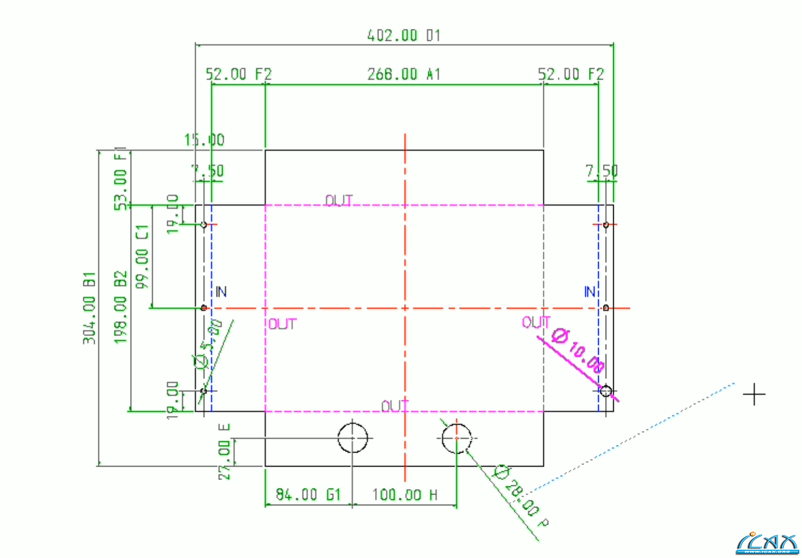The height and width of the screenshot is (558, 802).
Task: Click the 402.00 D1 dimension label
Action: click(x=403, y=36)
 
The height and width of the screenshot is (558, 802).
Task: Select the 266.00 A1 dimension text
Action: click(x=403, y=74)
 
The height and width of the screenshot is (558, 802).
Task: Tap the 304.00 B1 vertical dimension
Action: click(x=89, y=307)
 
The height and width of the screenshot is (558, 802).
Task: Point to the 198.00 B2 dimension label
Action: click(x=121, y=307)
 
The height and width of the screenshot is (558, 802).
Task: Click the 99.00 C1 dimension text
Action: click(x=142, y=257)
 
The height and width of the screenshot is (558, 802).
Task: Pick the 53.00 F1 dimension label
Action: click(x=121, y=178)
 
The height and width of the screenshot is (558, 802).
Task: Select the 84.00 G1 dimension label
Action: click(x=308, y=495)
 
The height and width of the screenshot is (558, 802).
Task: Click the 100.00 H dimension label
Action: click(x=404, y=495)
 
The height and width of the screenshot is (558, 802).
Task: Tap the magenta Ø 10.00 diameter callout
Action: click(x=579, y=350)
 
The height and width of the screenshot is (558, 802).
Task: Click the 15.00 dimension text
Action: click(x=204, y=140)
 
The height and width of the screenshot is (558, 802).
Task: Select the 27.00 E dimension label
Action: click(x=225, y=451)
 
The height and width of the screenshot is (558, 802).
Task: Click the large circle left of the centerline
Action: click(x=353, y=438)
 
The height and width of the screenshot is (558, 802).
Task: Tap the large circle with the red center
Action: click(x=456, y=438)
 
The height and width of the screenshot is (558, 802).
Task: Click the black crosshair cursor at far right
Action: click(x=754, y=394)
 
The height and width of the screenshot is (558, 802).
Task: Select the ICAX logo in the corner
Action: click(x=768, y=543)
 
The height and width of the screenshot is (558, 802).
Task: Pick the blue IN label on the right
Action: click(x=590, y=292)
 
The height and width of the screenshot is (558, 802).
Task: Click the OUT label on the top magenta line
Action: click(x=339, y=201)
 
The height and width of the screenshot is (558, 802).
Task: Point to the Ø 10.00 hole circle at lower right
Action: click(x=606, y=391)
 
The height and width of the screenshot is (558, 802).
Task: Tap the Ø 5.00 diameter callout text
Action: click(x=208, y=344)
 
